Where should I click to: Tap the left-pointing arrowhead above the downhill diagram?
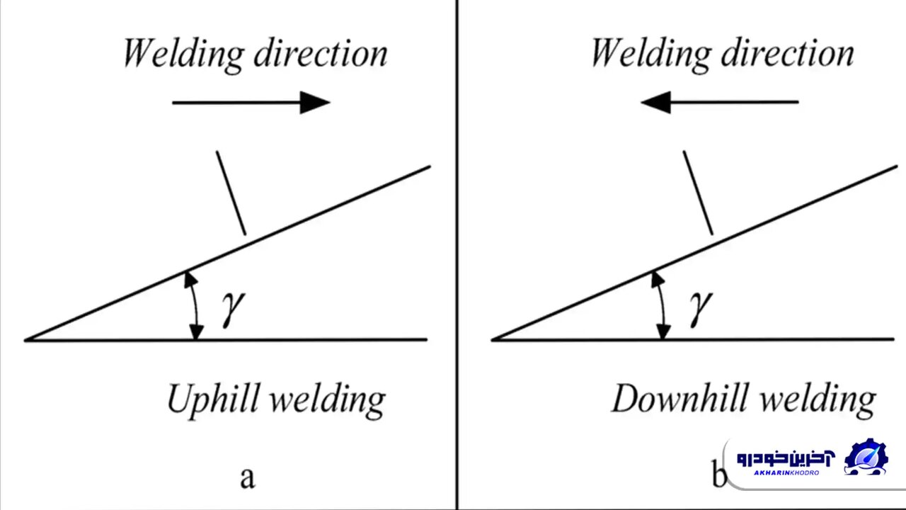point(655,103)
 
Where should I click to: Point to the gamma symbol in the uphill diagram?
point(232,308)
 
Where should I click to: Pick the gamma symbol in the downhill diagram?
point(699,308)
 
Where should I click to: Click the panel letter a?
point(247,477)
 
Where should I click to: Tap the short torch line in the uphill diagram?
point(231,192)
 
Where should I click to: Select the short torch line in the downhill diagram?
point(698,192)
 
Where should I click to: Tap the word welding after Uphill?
point(328,400)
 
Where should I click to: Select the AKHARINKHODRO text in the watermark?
point(786,472)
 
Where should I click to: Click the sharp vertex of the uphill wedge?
point(27,340)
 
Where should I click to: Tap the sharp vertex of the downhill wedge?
point(493,340)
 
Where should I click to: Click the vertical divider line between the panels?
point(457,255)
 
